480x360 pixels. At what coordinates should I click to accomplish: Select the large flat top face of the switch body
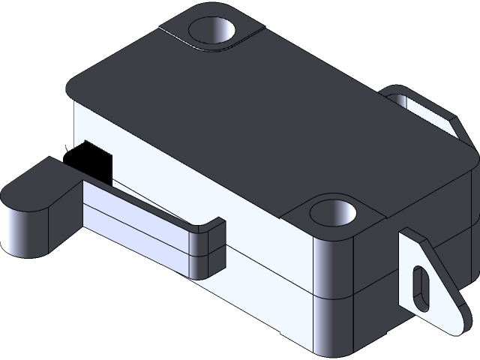(247, 127)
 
